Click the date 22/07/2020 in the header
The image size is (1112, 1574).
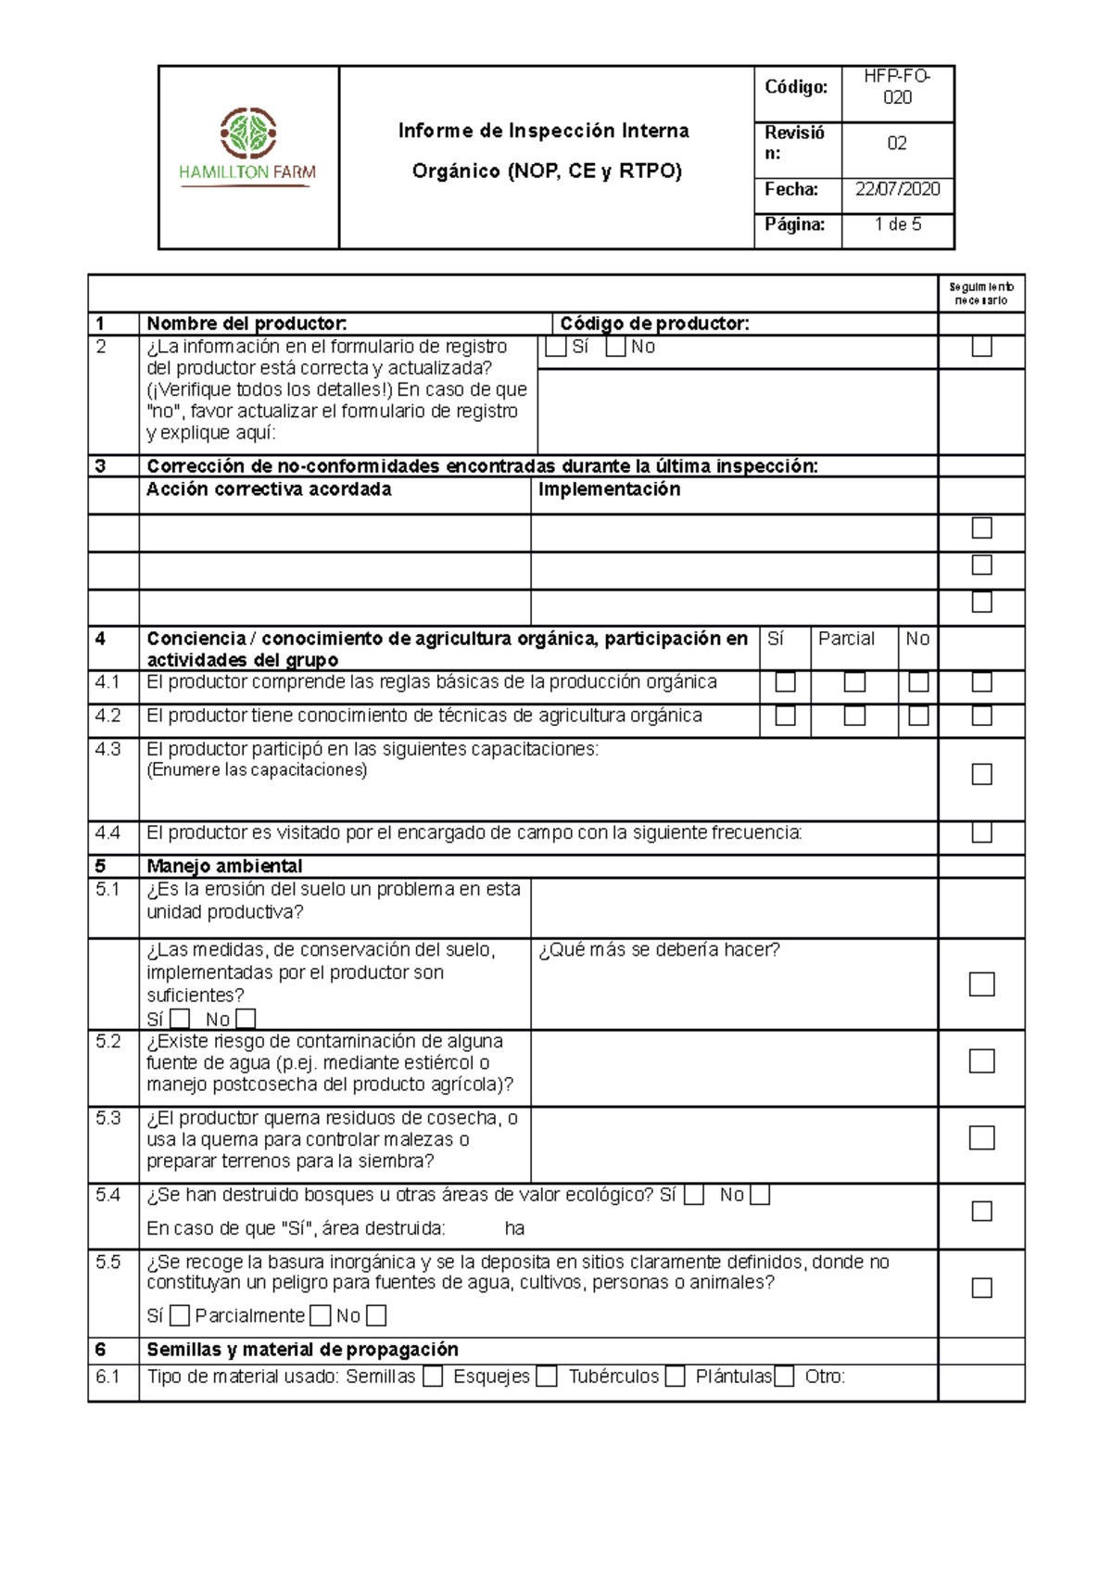897,189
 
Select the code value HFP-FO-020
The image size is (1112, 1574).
897,87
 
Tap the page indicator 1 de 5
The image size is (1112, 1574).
897,224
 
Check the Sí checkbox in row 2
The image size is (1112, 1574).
556,347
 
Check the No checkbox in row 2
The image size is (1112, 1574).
615,347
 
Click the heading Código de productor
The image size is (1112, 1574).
654,324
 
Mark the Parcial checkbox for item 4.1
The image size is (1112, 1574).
854,682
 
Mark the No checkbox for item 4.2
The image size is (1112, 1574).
918,716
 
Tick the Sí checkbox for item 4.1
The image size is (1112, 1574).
785,682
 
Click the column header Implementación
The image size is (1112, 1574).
609,489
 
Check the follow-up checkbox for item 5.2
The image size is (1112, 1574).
981,1060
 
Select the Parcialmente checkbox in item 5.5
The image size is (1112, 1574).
320,1315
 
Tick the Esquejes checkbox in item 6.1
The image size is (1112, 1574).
547,1377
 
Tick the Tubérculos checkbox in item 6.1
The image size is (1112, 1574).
675,1377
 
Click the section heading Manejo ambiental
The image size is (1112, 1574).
224,866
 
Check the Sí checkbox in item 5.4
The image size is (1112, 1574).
694,1196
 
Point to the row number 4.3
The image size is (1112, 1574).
108,749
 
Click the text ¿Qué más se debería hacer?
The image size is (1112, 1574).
659,950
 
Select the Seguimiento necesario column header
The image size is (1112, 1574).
981,294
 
